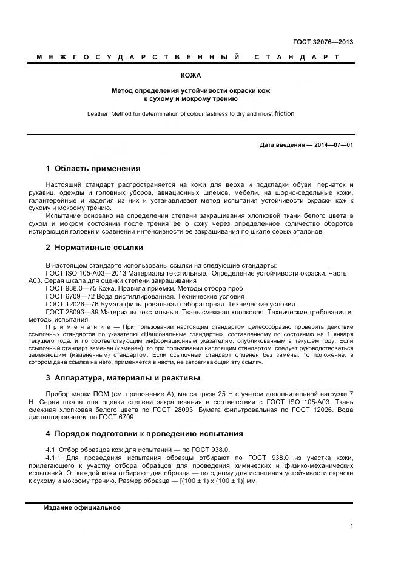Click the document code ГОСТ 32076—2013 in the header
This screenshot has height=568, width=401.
[323, 42]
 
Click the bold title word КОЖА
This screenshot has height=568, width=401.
[190, 76]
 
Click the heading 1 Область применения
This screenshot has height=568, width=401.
[93, 168]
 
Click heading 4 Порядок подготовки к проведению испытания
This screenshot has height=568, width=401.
[144, 434]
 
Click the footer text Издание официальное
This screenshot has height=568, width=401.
[82, 507]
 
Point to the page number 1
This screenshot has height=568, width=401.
[351, 526]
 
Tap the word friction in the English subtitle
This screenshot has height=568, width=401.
[268, 113]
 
